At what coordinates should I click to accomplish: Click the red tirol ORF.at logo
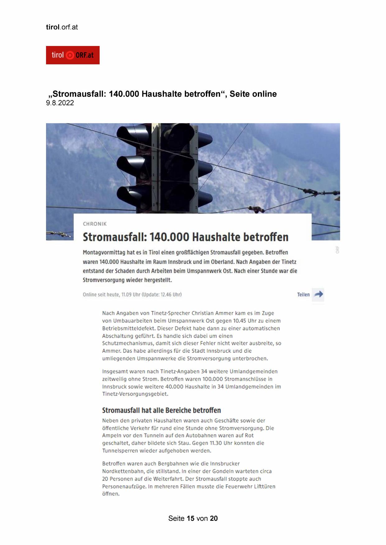[72, 55]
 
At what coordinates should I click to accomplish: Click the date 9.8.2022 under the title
[60, 103]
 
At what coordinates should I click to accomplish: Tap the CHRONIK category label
[95, 224]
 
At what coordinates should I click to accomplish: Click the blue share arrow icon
[318, 294]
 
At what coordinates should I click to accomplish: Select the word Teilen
[303, 295]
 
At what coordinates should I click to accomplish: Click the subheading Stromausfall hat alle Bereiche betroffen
[161, 410]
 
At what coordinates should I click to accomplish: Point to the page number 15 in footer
[190, 518]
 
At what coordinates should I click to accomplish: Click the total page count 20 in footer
[214, 518]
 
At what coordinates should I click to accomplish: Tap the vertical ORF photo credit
[337, 250]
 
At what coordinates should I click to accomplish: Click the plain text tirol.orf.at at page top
[62, 27]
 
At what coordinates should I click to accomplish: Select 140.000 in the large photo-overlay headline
[169, 237]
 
